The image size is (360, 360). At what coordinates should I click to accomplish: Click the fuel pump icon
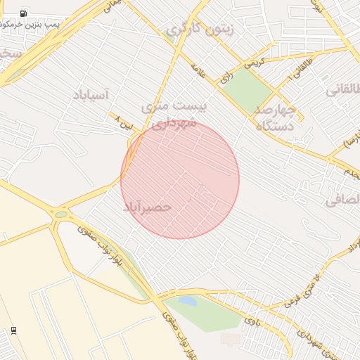point(23,13)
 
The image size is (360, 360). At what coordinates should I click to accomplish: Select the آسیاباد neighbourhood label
point(91,94)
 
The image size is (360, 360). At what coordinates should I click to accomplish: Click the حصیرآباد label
point(148,207)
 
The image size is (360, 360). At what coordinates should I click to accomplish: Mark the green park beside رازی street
point(247,89)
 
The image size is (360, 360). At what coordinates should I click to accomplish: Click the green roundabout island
point(61,214)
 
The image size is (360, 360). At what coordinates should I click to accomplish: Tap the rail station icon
point(13,330)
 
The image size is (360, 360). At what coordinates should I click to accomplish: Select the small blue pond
point(188,301)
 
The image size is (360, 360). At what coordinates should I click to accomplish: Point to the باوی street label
point(251,321)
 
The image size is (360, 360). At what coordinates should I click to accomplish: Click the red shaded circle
point(180,179)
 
